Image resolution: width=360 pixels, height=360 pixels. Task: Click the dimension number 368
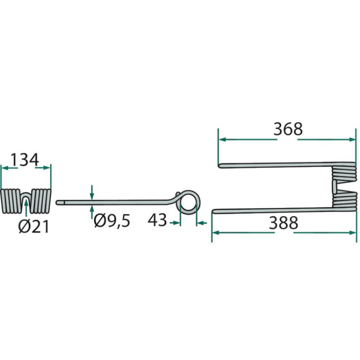pyautogui.click(x=288, y=129)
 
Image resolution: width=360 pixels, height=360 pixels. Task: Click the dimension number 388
pyautogui.click(x=284, y=223)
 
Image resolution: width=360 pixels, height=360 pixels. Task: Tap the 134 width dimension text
pyautogui.click(x=25, y=160)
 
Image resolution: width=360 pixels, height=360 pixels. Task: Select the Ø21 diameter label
pyautogui.click(x=34, y=227)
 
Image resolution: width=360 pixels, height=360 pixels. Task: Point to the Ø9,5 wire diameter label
pyautogui.click(x=112, y=221)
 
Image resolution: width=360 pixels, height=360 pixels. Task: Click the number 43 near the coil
pyautogui.click(x=157, y=220)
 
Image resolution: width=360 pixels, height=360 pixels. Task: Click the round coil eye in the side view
pyautogui.click(x=189, y=202)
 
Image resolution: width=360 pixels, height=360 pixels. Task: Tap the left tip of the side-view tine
pyautogui.click(x=57, y=203)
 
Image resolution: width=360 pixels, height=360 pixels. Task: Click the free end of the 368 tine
pyautogui.click(x=219, y=166)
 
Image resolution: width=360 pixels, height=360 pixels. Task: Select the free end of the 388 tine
pyautogui.click(x=213, y=211)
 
